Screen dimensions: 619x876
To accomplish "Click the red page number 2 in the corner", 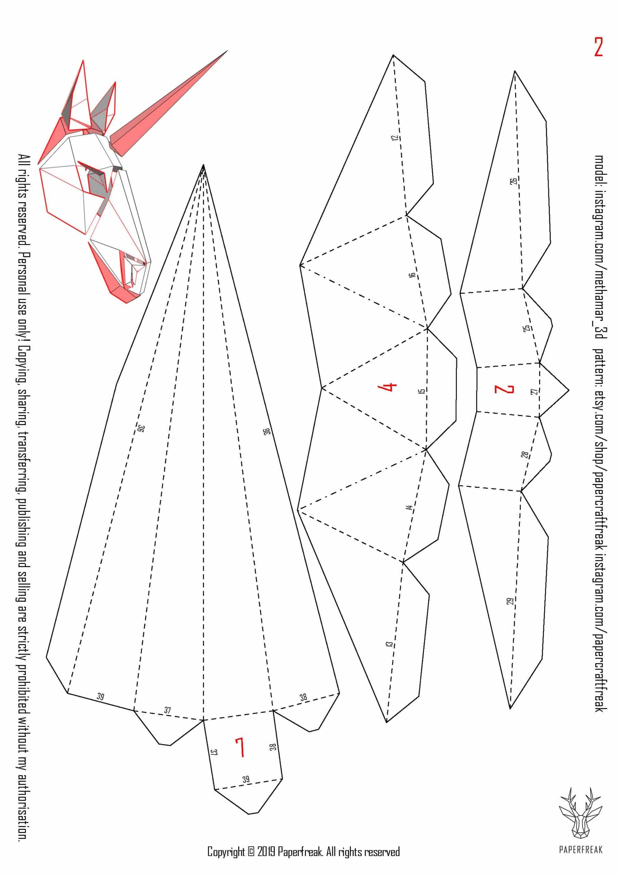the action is tap(598, 47).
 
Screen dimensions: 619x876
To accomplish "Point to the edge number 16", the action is tap(411, 275).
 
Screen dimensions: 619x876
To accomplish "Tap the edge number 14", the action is tap(409, 508).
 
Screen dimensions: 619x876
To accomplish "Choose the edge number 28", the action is tap(525, 455).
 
